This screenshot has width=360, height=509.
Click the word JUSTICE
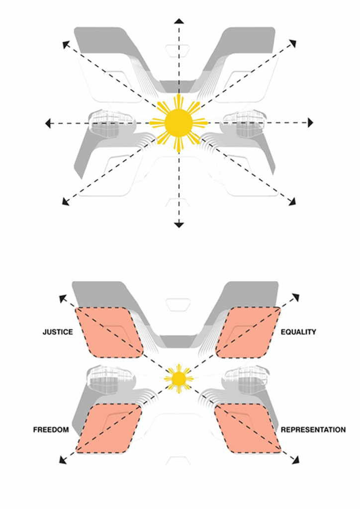[58, 332]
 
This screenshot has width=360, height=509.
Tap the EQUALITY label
[298, 332]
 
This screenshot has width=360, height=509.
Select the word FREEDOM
[51, 429]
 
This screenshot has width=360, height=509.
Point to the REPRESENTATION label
[313, 429]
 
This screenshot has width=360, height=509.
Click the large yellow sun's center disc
[179, 122]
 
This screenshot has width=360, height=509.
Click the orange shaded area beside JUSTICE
[109, 332]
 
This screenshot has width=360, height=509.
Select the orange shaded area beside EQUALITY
[249, 332]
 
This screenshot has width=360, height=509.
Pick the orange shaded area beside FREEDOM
[109, 428]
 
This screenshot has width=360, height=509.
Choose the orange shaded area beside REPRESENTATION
[249, 428]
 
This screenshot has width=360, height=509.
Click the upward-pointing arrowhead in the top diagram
[179, 21]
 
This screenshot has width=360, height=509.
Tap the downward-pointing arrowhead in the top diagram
[179, 225]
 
